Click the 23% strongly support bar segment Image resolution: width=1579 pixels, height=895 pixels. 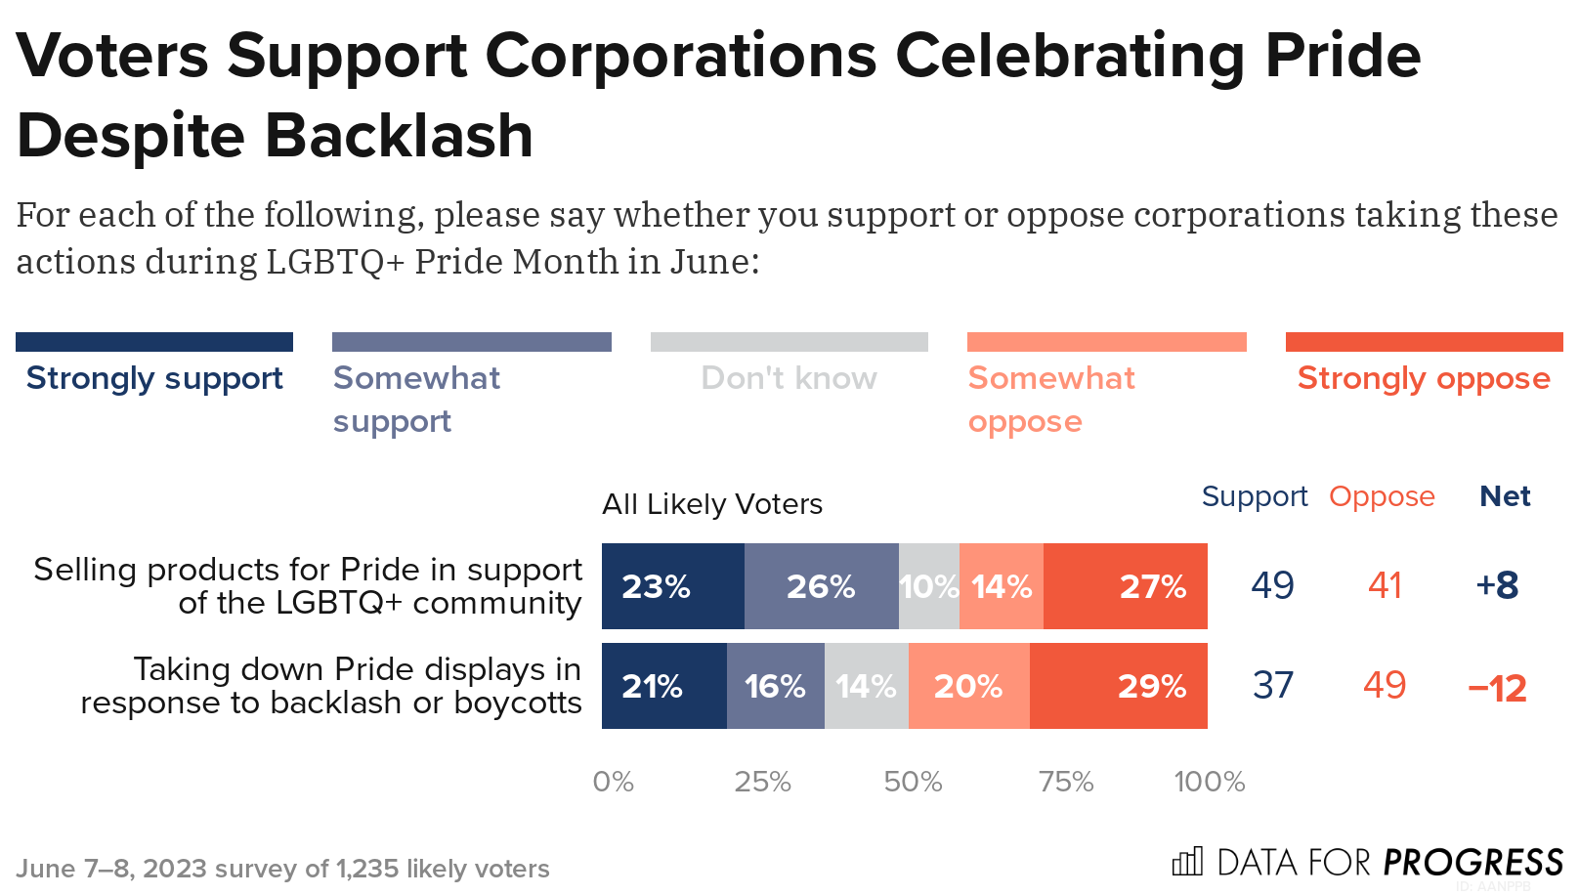672,586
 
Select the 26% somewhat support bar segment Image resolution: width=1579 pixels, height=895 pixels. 821,586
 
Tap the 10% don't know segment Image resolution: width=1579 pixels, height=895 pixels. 928,586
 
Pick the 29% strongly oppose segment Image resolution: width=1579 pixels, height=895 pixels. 1118,686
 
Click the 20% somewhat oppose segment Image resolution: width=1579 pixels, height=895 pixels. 968,686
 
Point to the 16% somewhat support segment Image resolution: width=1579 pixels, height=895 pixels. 775,686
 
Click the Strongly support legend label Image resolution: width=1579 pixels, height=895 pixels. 154,378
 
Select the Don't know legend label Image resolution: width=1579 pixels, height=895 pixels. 789,378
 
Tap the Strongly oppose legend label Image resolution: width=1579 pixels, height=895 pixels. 1424,378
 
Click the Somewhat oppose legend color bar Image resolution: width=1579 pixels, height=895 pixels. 1106,342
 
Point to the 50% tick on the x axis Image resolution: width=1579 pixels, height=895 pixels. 913,782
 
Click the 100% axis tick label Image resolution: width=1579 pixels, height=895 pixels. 1209,782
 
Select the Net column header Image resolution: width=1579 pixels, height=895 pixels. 1505,496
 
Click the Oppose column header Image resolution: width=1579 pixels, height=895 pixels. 1382,496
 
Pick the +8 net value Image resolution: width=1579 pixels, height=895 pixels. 1497,585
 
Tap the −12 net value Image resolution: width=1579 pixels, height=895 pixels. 1497,688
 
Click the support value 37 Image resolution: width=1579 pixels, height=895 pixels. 1273,686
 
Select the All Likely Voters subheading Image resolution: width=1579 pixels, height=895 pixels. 712,504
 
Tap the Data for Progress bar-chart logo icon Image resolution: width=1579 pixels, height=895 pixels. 1187,861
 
